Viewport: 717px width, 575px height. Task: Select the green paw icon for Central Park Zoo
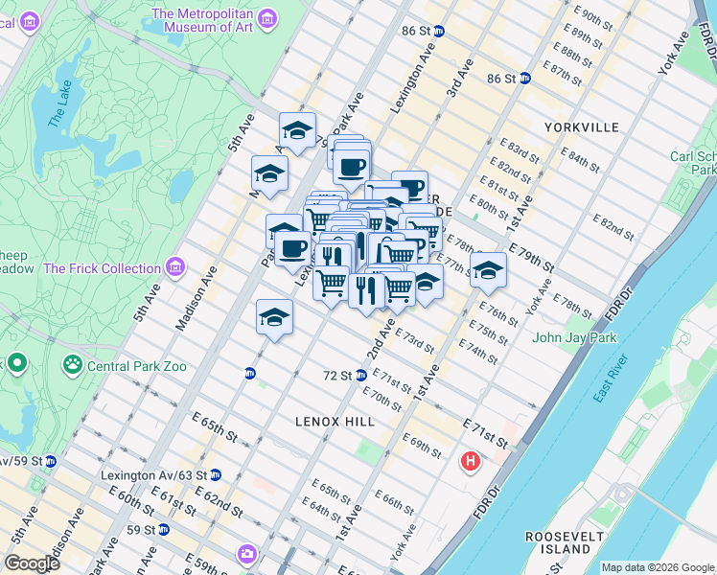point(73,364)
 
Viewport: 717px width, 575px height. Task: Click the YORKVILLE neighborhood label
point(581,126)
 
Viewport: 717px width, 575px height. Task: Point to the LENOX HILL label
point(334,422)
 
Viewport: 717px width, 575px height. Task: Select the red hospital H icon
point(470,461)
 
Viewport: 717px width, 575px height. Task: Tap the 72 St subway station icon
point(361,376)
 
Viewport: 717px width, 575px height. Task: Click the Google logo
point(33,563)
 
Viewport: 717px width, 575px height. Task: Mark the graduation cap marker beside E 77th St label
point(488,270)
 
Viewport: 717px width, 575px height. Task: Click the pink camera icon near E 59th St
point(248,553)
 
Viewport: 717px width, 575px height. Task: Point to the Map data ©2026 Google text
point(657,567)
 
